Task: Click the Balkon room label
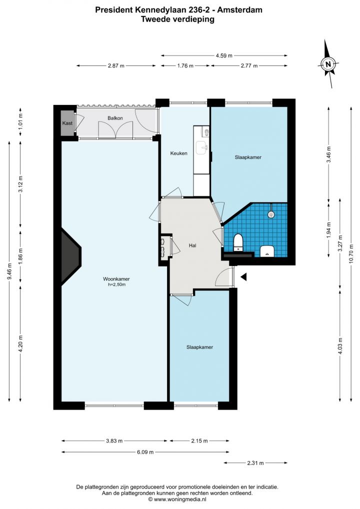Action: coord(115,118)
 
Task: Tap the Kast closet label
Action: coord(67,123)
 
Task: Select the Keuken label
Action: coord(179,153)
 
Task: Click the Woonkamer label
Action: coord(116,279)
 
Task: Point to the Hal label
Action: coord(193,245)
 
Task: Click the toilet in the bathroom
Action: coord(238,242)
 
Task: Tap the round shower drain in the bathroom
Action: coord(271,214)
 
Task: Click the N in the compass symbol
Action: coord(328,64)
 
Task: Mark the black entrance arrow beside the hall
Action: coord(243,276)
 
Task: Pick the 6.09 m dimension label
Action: coord(145,452)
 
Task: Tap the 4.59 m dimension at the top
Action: coord(224,55)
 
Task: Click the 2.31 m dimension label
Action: coord(255,463)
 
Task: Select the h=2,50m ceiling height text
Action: coord(117,284)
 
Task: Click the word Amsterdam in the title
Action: coord(239,10)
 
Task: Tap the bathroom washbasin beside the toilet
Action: coord(267,251)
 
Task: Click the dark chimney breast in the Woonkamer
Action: coord(70,255)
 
